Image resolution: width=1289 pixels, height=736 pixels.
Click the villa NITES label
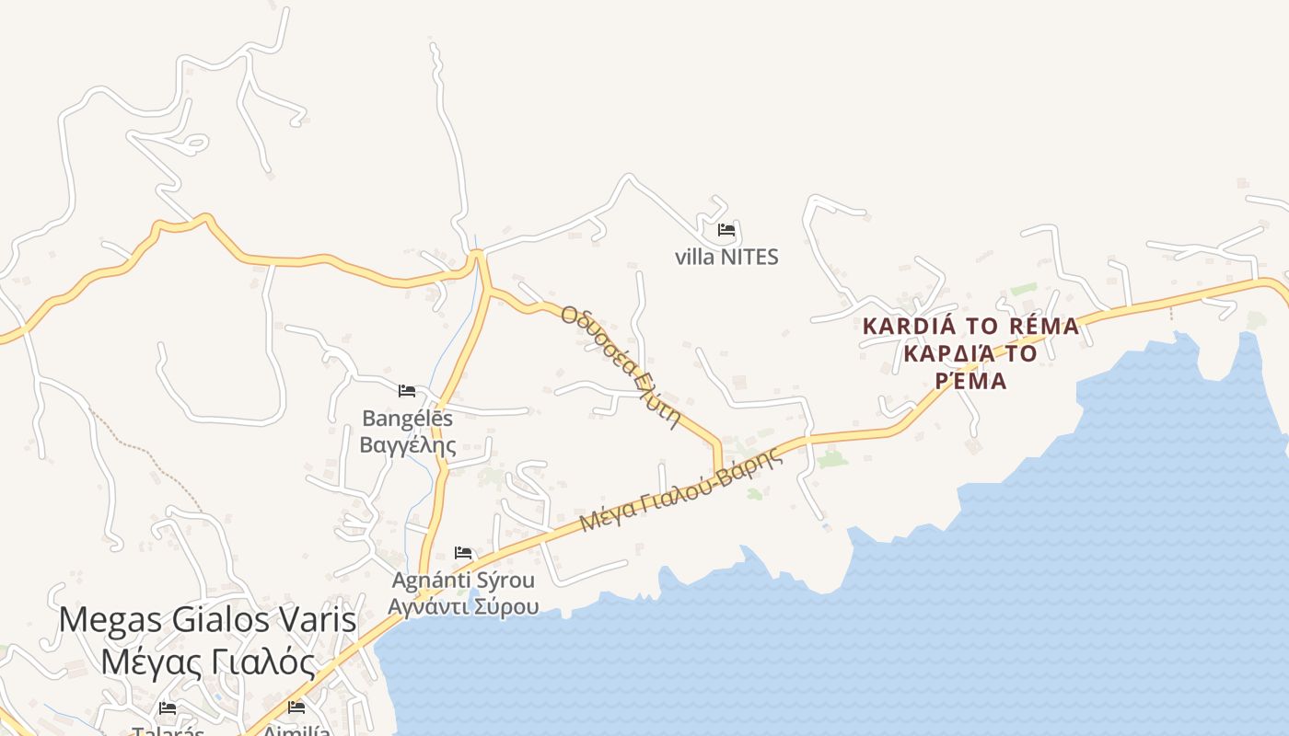click(x=726, y=257)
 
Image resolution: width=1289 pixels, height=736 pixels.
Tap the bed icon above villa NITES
click(x=726, y=229)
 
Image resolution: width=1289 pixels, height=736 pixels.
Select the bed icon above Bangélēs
click(x=407, y=391)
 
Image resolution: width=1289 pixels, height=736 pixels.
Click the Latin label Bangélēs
click(x=407, y=419)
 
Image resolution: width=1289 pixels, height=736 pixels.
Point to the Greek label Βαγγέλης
click(x=407, y=445)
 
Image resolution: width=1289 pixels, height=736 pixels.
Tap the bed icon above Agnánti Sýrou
click(x=463, y=553)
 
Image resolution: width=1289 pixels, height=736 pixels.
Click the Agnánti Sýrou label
click(x=463, y=581)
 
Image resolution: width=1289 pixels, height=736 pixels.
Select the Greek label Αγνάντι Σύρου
click(x=463, y=606)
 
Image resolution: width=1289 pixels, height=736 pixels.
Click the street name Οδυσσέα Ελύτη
click(x=620, y=367)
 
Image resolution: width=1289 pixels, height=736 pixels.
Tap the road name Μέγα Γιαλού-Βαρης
click(x=680, y=490)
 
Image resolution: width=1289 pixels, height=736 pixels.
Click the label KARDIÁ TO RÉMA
click(x=970, y=326)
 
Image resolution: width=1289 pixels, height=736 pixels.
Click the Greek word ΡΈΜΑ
click(x=970, y=380)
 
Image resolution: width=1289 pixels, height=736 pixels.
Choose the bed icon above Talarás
click(x=168, y=708)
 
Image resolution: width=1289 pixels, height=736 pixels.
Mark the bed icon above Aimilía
click(x=296, y=707)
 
